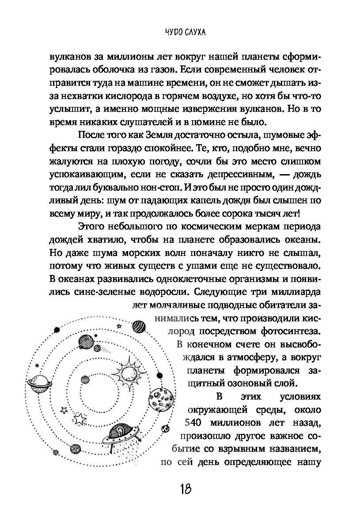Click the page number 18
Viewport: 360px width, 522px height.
[185, 490]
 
